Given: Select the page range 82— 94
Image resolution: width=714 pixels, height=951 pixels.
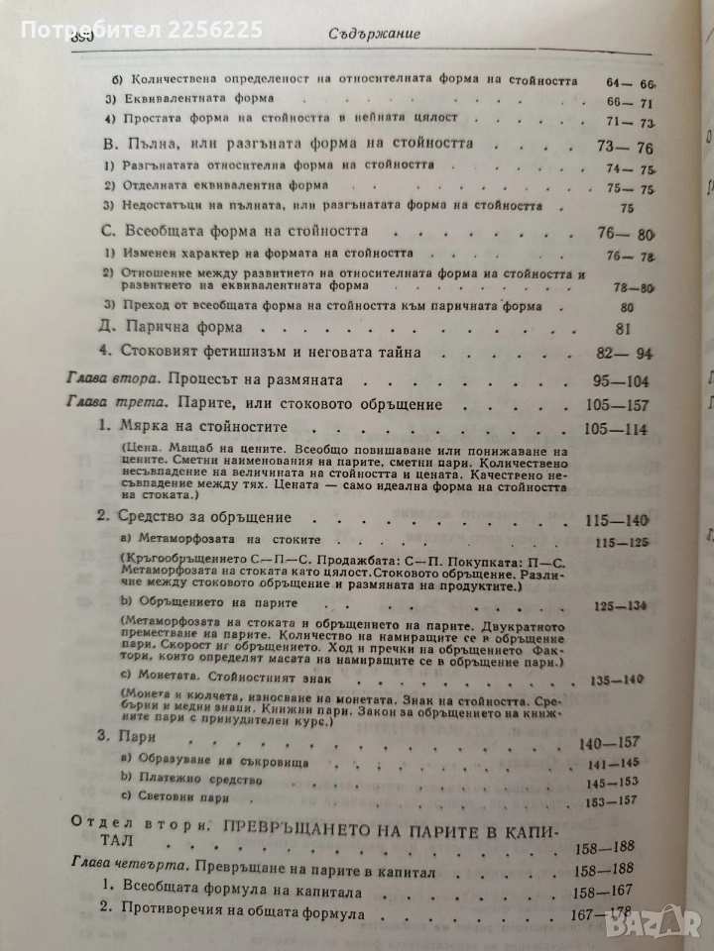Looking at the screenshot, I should tap(616, 353).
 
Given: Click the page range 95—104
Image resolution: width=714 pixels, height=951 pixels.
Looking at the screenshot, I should tap(616, 380).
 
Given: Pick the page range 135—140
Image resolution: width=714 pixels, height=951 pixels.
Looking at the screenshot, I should tap(617, 681).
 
